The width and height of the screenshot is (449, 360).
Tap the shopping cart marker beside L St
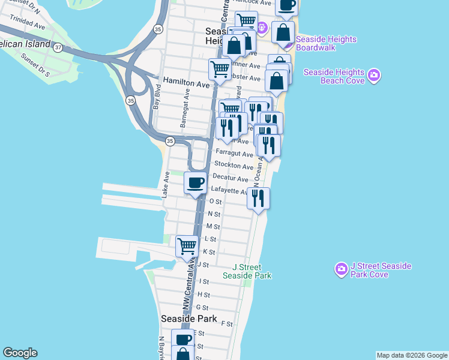pos(187,246)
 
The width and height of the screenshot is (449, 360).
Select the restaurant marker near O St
pos(258,199)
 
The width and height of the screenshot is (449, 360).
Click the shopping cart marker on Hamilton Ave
pos(220,69)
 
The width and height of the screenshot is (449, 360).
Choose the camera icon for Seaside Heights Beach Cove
pos(374,76)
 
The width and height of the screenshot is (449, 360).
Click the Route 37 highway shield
pos(58,47)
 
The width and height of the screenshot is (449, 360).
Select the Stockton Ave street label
pos(234,166)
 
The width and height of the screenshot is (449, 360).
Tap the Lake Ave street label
pos(165,185)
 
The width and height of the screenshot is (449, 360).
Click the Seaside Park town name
pos(188,319)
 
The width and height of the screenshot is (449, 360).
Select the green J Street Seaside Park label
pos(247,271)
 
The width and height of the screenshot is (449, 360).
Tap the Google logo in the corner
pos(20,353)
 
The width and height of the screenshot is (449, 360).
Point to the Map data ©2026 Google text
pos(411,355)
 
